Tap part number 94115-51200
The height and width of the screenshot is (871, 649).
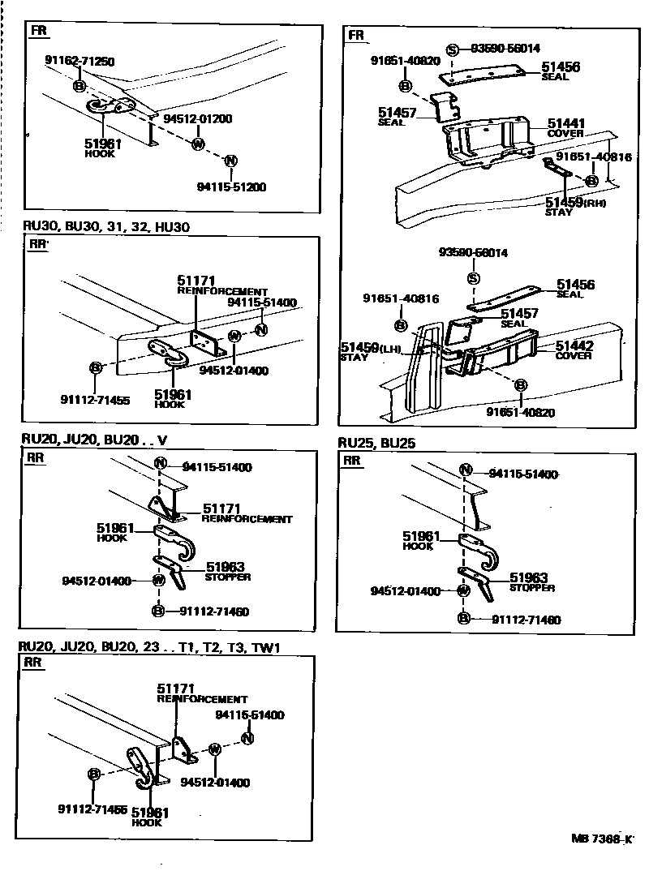231,187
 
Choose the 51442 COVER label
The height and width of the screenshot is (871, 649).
574,350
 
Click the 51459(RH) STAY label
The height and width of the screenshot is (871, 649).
575,205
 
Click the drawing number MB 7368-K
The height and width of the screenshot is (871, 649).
600,839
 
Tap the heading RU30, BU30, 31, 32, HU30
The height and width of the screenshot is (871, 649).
105,226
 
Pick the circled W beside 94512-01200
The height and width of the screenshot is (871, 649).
198,144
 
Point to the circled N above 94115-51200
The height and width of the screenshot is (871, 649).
230,161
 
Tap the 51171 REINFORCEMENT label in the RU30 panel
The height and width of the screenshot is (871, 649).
221,285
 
